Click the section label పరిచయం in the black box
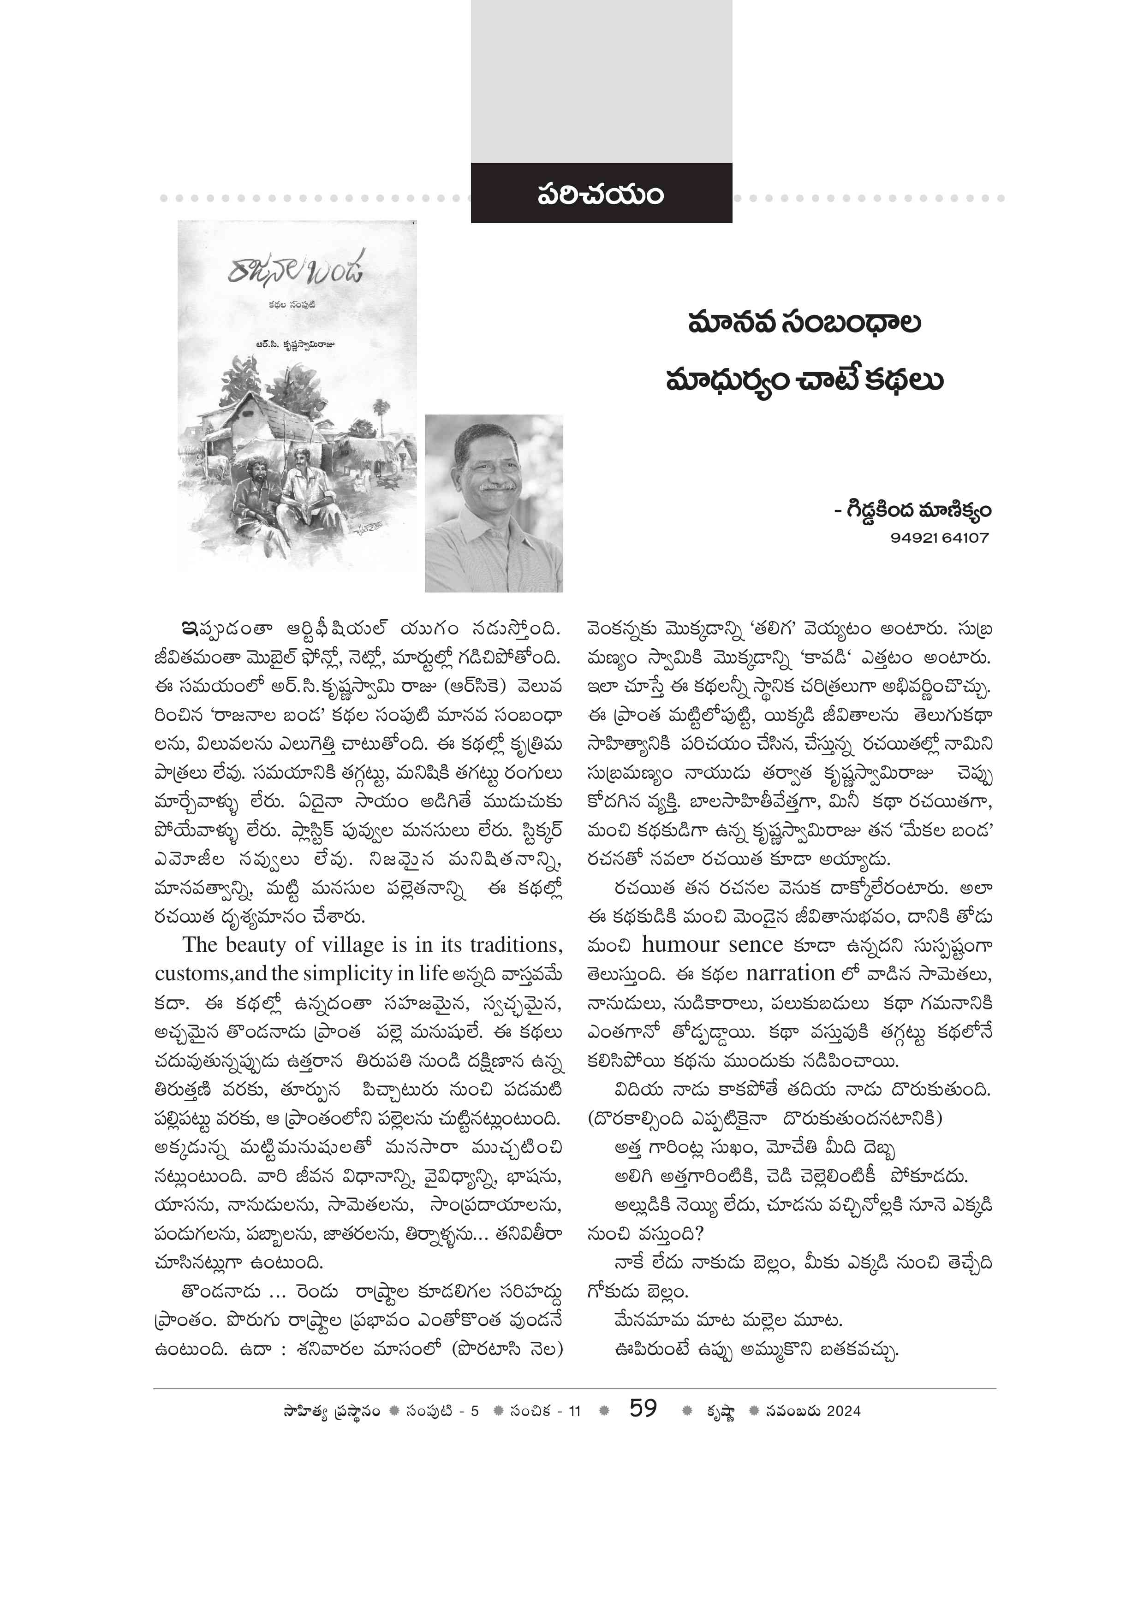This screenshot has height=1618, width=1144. pos(601,194)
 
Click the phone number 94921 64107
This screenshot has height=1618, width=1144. pos(940,538)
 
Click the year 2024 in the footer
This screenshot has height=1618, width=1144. pos(844,1411)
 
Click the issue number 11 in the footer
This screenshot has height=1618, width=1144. pos(574,1411)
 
